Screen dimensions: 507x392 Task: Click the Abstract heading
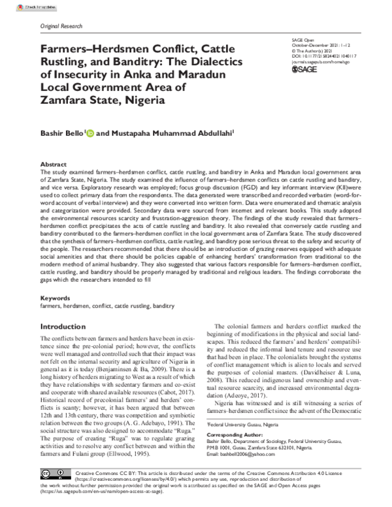[54, 165]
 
